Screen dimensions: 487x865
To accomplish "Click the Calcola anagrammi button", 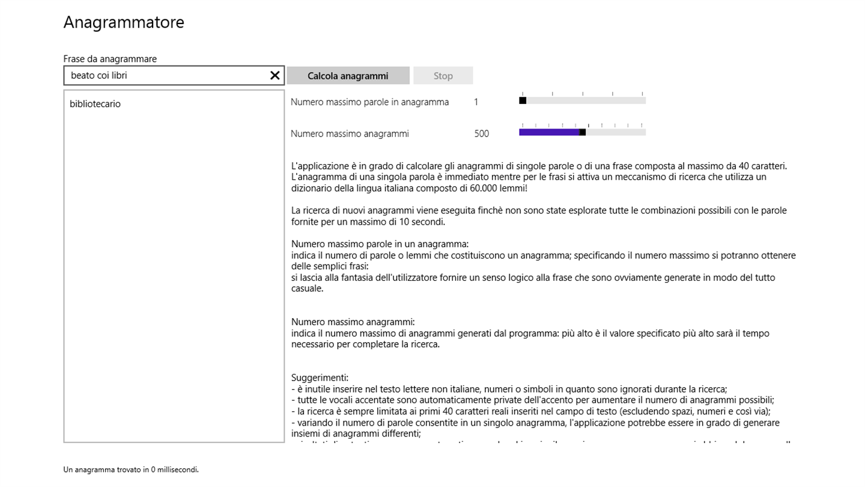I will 348,76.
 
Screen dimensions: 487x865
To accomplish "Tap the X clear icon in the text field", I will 275,75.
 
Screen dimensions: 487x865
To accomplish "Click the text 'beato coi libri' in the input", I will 99,76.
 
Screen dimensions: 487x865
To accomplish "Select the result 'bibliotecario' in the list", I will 95,104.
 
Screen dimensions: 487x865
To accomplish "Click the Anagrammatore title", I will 124,22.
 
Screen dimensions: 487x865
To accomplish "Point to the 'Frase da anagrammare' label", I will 110,59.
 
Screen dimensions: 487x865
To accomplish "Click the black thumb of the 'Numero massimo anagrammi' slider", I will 582,132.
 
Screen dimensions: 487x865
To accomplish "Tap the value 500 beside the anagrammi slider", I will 481,134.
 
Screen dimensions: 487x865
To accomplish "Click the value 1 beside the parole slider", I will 476,102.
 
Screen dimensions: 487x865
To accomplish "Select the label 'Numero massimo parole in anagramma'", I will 369,102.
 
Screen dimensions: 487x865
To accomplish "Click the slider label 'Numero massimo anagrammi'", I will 350,134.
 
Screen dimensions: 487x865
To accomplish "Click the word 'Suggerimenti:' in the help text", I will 320,378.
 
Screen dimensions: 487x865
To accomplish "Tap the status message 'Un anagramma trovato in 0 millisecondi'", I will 131,470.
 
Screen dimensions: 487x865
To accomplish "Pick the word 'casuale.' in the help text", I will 308,289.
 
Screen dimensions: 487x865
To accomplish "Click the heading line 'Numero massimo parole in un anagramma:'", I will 380,244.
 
